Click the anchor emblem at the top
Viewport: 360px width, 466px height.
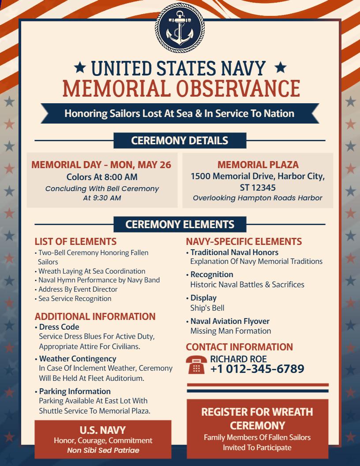click(x=180, y=29)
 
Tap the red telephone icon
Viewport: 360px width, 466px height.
click(x=196, y=364)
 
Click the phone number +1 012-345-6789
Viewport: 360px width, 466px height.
click(x=257, y=368)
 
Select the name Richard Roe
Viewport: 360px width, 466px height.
click(x=238, y=359)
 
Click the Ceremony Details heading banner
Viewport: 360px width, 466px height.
click(x=180, y=141)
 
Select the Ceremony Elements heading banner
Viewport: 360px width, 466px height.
click(x=180, y=224)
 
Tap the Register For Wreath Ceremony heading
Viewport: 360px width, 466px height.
click(x=257, y=418)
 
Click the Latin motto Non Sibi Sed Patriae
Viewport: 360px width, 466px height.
click(x=103, y=451)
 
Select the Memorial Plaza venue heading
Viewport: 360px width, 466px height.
click(x=258, y=165)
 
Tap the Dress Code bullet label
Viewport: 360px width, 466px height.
click(x=59, y=327)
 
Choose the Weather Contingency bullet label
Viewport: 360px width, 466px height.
click(x=78, y=359)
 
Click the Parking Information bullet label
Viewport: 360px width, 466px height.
click(x=75, y=391)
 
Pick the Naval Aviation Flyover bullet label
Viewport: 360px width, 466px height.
click(x=230, y=321)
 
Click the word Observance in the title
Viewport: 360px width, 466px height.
click(x=238, y=88)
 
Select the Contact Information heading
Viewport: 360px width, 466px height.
click(x=239, y=347)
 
